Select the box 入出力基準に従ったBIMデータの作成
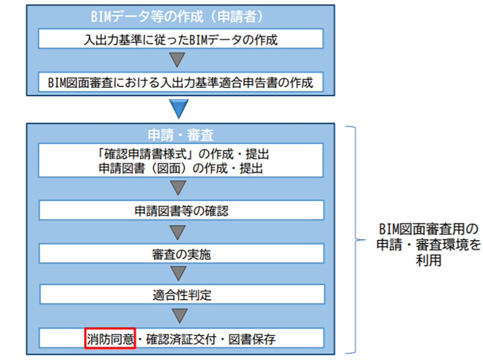(x=181, y=40)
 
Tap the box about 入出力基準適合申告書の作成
(x=181, y=82)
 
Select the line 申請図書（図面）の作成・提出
(x=181, y=168)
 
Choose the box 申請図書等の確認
(x=181, y=210)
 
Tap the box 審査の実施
(x=181, y=253)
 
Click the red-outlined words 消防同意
(x=110, y=338)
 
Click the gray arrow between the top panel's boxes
(x=178, y=60)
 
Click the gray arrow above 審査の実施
(x=178, y=232)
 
